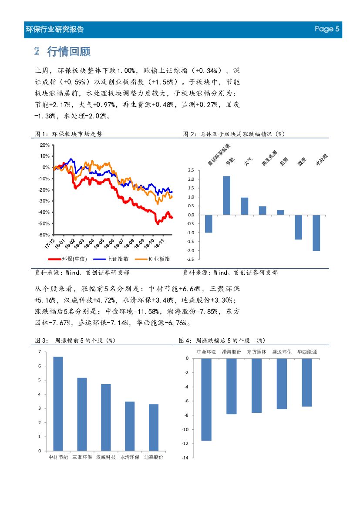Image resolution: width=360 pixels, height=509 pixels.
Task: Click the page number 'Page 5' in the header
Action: [x=327, y=29]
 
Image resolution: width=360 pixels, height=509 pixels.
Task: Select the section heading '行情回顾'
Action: [x=73, y=51]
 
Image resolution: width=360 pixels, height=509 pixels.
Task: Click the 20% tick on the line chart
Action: [x=44, y=145]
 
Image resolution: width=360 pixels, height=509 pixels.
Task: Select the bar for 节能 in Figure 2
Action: [x=227, y=196]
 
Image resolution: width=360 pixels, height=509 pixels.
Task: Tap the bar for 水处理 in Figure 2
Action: [x=316, y=233]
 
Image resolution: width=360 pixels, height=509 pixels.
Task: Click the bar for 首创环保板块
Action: [x=209, y=224]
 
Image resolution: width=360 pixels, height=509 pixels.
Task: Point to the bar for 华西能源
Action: [x=307, y=382]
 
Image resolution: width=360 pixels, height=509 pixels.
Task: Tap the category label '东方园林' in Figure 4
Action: [x=257, y=351]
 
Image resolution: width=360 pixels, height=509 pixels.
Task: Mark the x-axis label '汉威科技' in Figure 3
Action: [x=106, y=458]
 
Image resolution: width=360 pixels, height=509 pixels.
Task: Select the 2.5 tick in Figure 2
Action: [x=191, y=170]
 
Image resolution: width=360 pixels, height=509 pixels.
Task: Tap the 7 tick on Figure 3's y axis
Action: [x=40, y=352]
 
